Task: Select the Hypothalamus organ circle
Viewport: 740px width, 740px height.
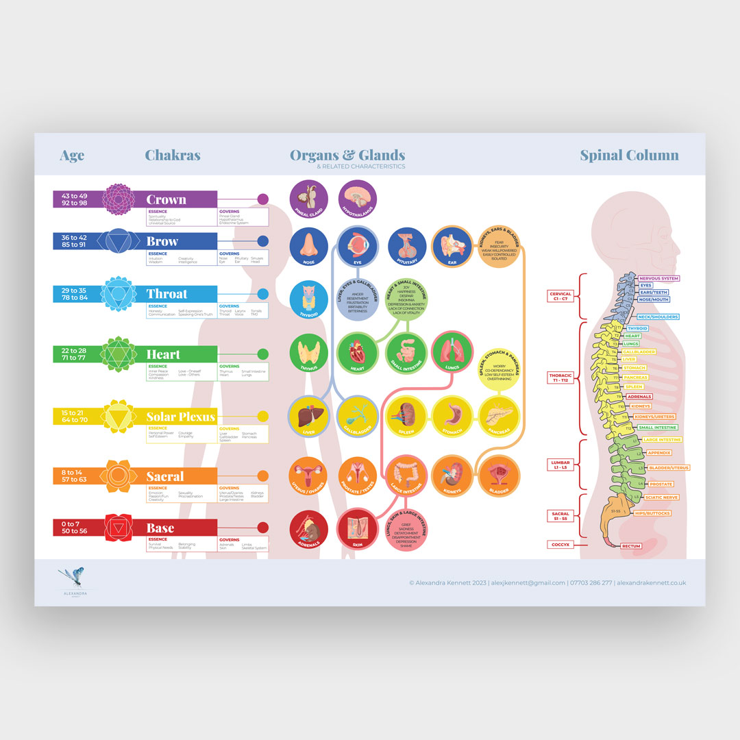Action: pyautogui.click(x=358, y=199)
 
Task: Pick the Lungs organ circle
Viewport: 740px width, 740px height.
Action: pyautogui.click(x=452, y=351)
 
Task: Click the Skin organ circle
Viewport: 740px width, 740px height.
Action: pyautogui.click(x=358, y=529)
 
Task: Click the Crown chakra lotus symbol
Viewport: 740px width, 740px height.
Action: pyautogui.click(x=116, y=199)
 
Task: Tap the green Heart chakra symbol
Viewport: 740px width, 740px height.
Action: pyautogui.click(x=115, y=354)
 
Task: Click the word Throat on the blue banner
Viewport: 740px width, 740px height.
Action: pyautogui.click(x=166, y=294)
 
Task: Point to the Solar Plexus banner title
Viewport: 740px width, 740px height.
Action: pyautogui.click(x=180, y=417)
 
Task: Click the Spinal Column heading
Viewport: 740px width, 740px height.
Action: pyautogui.click(x=629, y=155)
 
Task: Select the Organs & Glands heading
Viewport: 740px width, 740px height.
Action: pyautogui.click(x=347, y=156)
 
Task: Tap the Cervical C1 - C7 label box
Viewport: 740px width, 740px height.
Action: pyautogui.click(x=560, y=296)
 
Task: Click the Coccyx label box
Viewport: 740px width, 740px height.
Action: pyautogui.click(x=559, y=545)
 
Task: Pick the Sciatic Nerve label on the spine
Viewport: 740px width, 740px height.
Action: pyautogui.click(x=661, y=497)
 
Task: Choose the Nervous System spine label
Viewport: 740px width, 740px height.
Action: pyautogui.click(x=658, y=278)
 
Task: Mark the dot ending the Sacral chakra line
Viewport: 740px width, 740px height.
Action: pyautogui.click(x=262, y=476)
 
